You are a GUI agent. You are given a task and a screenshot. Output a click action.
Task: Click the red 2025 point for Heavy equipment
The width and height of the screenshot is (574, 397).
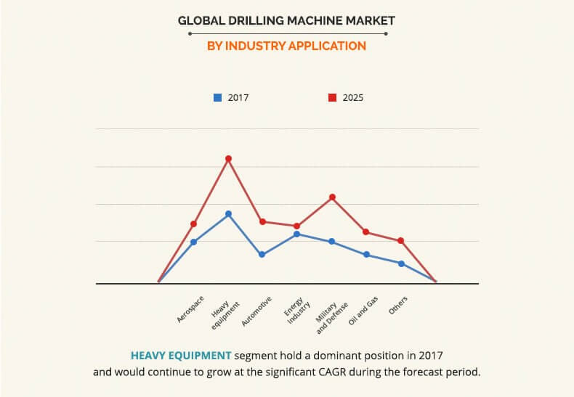pyautogui.click(x=228, y=158)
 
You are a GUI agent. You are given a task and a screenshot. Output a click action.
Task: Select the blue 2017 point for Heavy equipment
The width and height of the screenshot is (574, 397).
pyautogui.click(x=228, y=214)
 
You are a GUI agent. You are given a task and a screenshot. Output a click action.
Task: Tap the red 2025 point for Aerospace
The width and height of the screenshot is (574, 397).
pyautogui.click(x=194, y=224)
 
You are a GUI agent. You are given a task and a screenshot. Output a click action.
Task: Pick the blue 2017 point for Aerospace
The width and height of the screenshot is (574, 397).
pyautogui.click(x=194, y=242)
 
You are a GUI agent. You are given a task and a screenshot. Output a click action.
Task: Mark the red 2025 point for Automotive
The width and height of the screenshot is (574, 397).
pyautogui.click(x=262, y=221)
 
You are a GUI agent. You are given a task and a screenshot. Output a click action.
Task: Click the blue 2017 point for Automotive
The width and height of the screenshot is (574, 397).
pyautogui.click(x=262, y=255)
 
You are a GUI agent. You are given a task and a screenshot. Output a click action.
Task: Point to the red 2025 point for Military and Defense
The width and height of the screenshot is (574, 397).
pyautogui.click(x=332, y=197)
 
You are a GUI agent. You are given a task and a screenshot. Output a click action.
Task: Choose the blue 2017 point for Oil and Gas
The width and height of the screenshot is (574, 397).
pyautogui.click(x=367, y=255)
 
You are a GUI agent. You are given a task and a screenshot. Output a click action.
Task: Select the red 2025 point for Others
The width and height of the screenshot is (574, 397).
pyautogui.click(x=401, y=240)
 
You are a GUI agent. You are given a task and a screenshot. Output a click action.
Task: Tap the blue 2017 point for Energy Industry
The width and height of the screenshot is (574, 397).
pyautogui.click(x=296, y=234)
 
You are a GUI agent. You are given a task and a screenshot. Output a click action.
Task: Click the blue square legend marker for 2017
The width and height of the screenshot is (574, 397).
pyautogui.click(x=217, y=97)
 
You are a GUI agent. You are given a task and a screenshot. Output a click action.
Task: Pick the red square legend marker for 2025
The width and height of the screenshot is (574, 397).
pyautogui.click(x=332, y=97)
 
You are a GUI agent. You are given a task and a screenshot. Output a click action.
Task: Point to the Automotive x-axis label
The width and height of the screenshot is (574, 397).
pyautogui.click(x=257, y=311)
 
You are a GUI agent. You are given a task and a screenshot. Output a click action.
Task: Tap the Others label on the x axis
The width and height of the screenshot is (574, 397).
pyautogui.click(x=398, y=304)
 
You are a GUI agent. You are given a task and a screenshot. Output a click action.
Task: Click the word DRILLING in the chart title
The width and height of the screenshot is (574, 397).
pyautogui.click(x=247, y=20)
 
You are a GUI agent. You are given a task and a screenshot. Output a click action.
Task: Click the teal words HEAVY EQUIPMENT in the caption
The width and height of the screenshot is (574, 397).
pyautogui.click(x=182, y=356)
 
